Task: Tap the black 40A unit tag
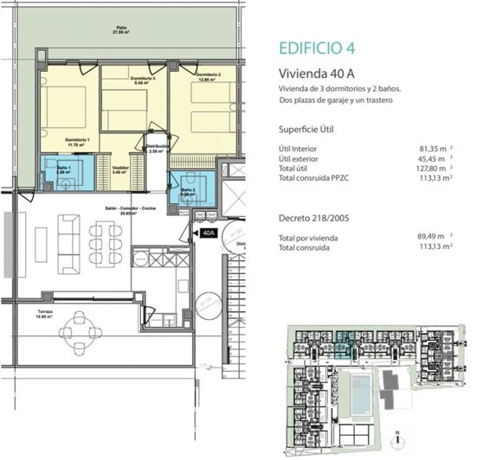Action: click(x=207, y=233)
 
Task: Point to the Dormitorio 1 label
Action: click(x=80, y=141)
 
